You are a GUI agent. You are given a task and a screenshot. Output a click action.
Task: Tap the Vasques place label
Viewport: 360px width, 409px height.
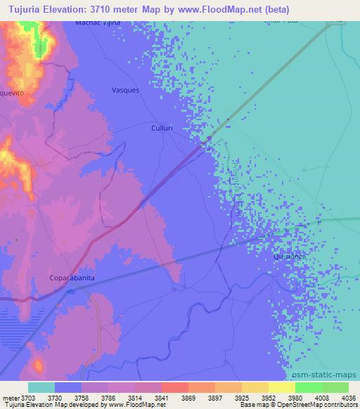[x=126, y=90]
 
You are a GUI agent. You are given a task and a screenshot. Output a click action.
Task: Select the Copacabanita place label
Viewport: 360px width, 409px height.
[x=71, y=278]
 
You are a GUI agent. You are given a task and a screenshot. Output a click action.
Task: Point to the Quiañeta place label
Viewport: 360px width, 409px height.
[x=289, y=257]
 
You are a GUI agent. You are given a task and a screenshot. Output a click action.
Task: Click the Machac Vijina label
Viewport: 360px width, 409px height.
[x=98, y=22]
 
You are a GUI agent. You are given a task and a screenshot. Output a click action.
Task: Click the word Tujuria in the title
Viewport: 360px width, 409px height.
[x=20, y=8]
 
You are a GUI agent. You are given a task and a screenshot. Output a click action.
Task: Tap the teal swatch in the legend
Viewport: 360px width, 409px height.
[x=41, y=387]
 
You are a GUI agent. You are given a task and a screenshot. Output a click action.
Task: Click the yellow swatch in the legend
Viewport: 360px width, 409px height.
[x=282, y=387]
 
